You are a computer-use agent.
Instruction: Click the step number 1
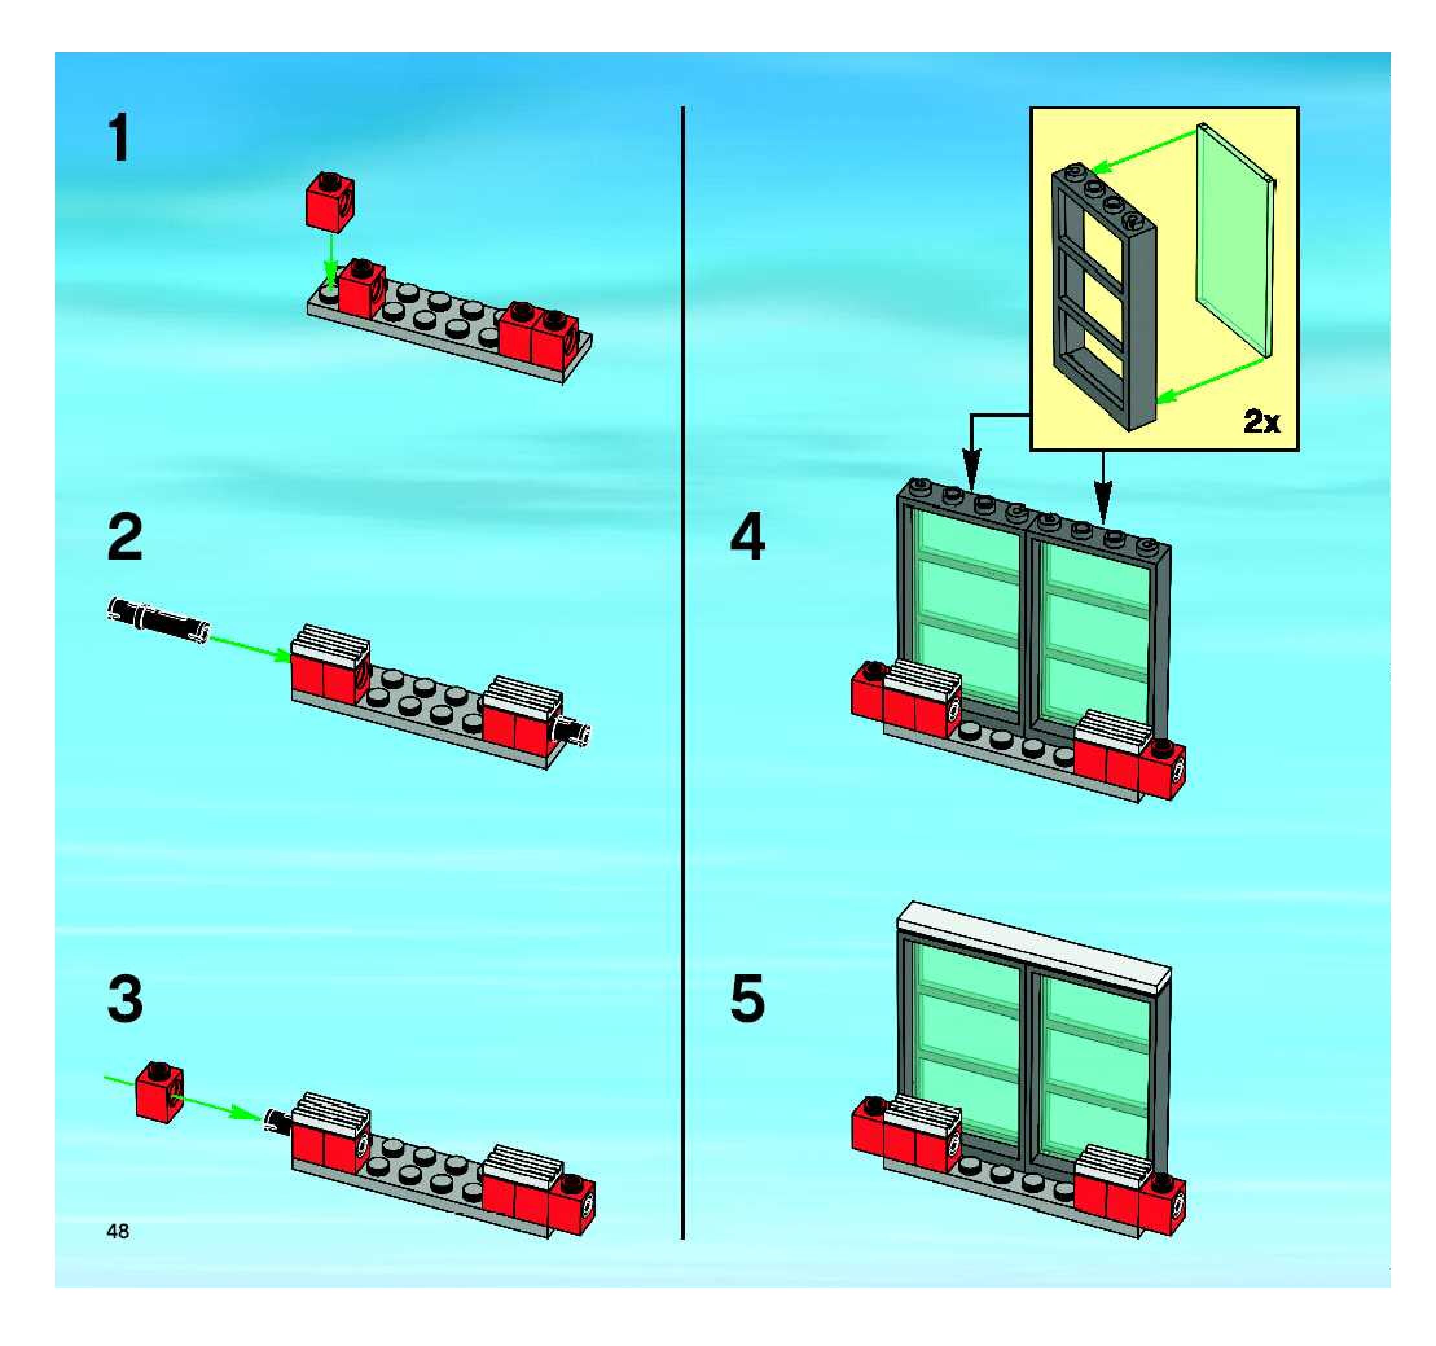(x=119, y=139)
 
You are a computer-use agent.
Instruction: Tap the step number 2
(x=125, y=538)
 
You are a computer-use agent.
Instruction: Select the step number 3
(x=125, y=999)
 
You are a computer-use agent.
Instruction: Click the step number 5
(x=748, y=999)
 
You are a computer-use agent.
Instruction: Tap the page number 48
(x=118, y=1231)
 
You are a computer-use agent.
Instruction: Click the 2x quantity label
(x=1261, y=421)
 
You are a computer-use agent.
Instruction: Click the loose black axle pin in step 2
(x=158, y=620)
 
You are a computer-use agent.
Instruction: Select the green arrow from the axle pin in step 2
(x=249, y=646)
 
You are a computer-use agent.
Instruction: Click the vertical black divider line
(x=682, y=672)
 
